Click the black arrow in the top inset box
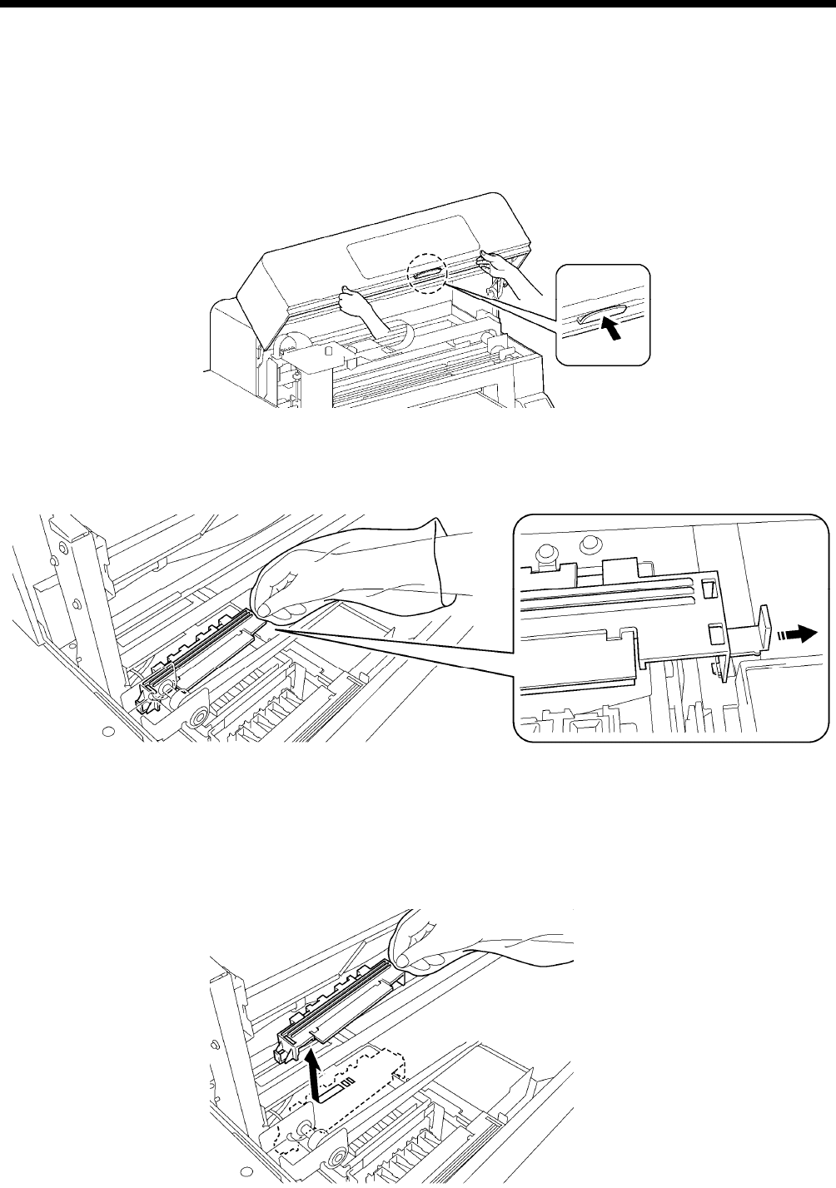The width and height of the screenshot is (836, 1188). pyautogui.click(x=611, y=331)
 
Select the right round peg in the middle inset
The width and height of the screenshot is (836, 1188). pyautogui.click(x=589, y=544)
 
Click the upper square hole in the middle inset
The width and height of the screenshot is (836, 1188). pyautogui.click(x=708, y=590)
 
